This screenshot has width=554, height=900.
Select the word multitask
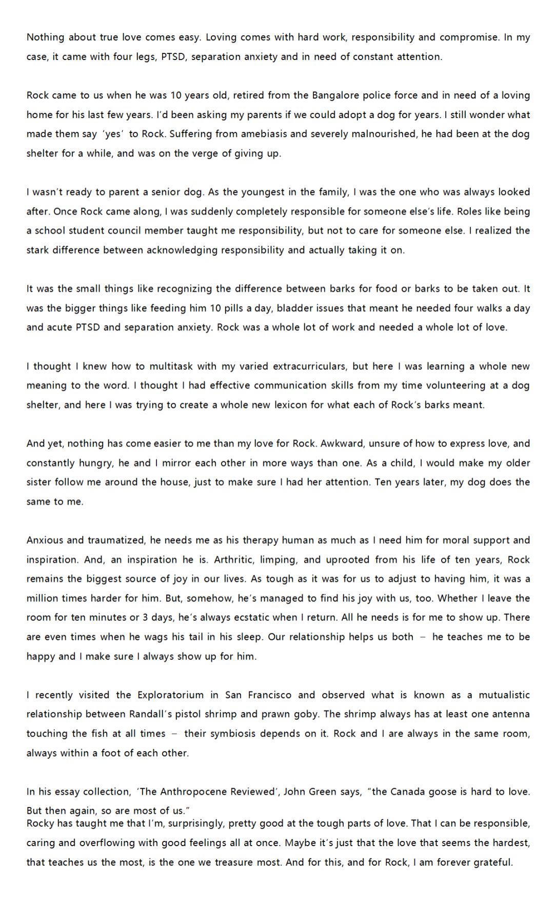(172, 366)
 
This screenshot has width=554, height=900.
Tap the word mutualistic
(504, 695)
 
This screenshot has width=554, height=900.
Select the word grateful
(492, 863)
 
